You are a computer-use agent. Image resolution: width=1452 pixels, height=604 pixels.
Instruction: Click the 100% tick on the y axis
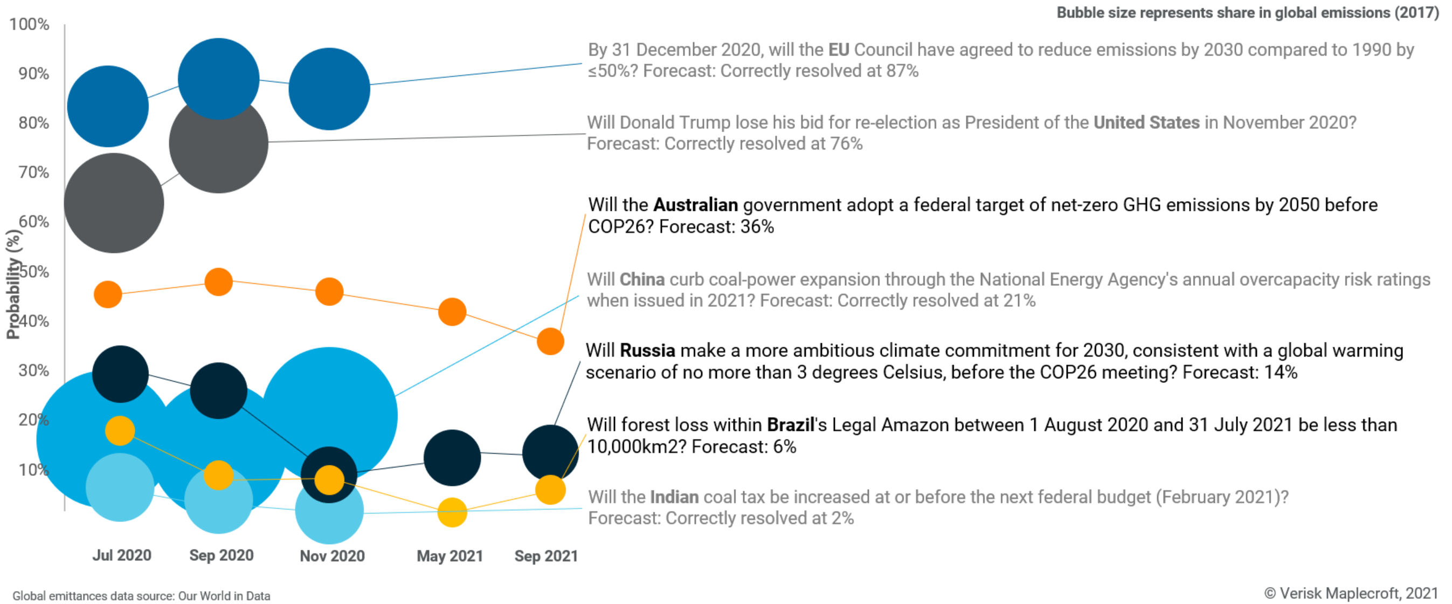[x=29, y=25]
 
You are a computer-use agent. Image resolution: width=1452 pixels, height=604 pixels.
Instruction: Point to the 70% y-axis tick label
[x=34, y=173]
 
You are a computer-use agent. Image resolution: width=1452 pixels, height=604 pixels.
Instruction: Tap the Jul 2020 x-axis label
[x=122, y=555]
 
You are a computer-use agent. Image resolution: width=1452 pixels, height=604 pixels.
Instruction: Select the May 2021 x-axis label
[x=450, y=556]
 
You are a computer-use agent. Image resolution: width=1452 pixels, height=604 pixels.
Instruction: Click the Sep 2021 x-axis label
[x=546, y=556]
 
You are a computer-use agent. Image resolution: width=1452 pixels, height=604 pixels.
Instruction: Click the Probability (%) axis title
[x=13, y=284]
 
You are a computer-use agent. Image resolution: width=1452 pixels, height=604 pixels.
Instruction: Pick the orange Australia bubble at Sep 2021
[x=550, y=342]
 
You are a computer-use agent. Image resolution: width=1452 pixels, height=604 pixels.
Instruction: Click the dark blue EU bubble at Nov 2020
[x=329, y=89]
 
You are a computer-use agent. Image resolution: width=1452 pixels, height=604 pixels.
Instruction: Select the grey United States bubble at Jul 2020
[x=114, y=203]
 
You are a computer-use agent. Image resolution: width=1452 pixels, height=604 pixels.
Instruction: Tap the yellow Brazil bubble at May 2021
[x=452, y=513]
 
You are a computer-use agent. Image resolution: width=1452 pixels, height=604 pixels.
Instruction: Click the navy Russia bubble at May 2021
[x=452, y=458]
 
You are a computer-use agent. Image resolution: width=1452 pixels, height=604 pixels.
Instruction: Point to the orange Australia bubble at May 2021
[x=452, y=312]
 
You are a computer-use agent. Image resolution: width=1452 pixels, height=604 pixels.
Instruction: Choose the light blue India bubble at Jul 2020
[x=120, y=488]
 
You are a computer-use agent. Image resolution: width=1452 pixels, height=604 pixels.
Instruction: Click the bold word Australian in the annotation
[x=696, y=205]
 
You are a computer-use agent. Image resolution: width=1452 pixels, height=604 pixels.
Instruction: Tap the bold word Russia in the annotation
[x=647, y=351]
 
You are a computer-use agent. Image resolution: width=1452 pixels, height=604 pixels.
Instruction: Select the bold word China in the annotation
[x=642, y=280]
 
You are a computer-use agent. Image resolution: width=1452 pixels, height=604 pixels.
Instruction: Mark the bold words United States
[x=1146, y=123]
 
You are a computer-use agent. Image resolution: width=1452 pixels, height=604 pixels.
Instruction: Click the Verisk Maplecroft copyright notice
[x=1351, y=593]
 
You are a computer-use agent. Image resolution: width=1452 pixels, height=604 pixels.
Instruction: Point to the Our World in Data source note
[x=141, y=596]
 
